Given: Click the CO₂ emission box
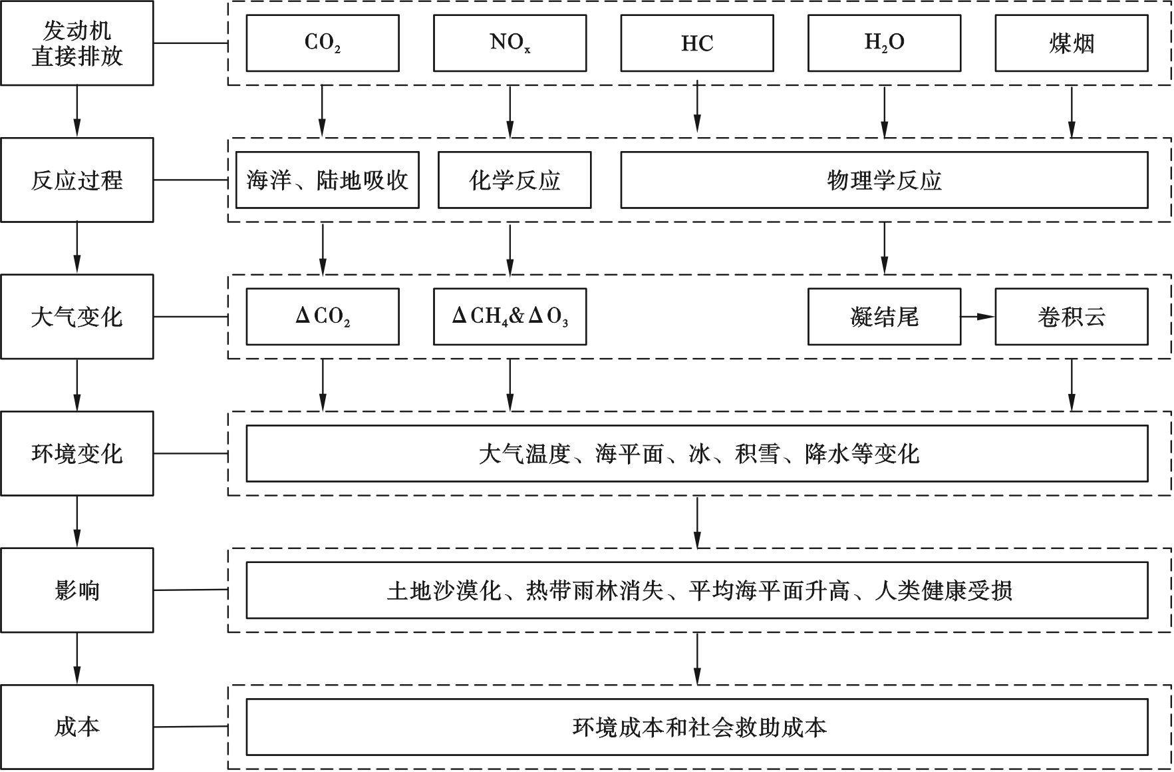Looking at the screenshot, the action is coord(323,43).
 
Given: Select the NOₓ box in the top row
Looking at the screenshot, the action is coord(510,43).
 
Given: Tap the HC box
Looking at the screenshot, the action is coord(697,43).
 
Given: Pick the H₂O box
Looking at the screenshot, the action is coord(884,43).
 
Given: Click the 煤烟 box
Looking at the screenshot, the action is coord(1072,43).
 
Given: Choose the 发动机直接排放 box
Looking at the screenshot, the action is coord(77,43).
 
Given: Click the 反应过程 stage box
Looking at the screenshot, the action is coord(77,180).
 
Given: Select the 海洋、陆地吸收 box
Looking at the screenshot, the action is coord(327,180).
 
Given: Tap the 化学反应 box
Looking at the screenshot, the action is coord(514,180).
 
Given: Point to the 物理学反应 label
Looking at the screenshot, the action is coord(884,180).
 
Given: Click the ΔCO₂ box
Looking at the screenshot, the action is coord(323,317).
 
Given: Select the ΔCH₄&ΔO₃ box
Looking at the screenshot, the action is coord(510,317).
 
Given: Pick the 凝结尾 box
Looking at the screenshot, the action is coord(884,317).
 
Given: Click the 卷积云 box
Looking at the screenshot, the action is coord(1072,317).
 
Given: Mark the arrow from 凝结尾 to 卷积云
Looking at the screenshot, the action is coord(978,317).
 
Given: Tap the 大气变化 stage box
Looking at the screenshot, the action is coord(77,317).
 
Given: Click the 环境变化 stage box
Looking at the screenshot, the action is coord(77,453).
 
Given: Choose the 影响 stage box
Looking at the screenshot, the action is coord(77,590).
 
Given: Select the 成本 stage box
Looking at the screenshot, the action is coord(77,727).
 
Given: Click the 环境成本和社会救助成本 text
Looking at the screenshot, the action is coord(699,727).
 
